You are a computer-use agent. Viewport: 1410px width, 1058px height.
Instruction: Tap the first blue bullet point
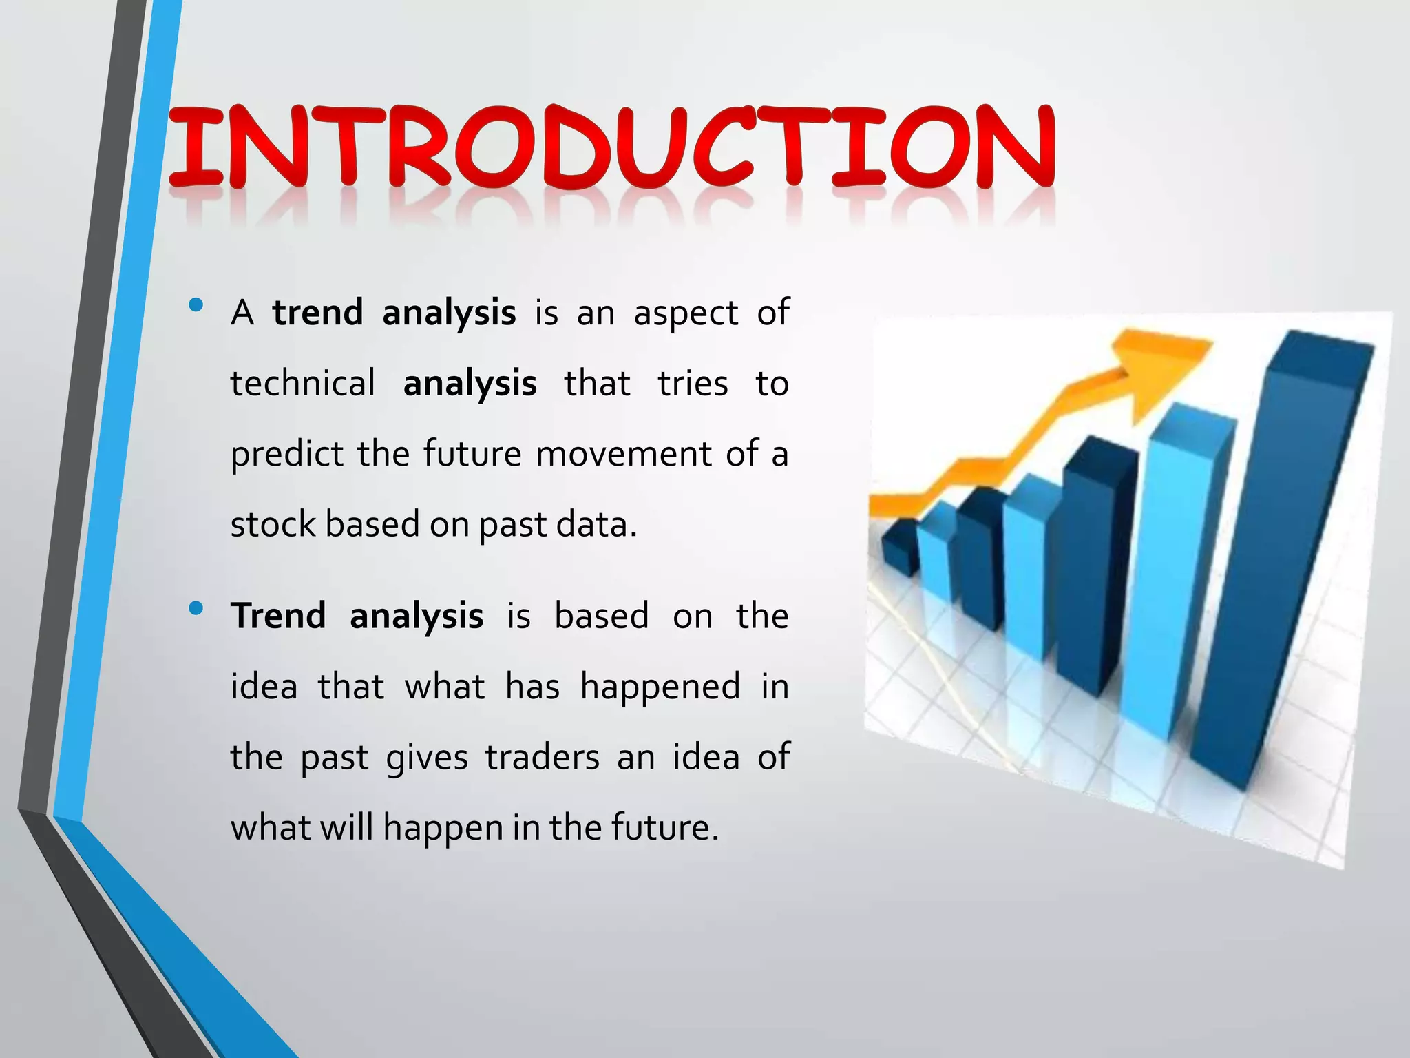coord(196,304)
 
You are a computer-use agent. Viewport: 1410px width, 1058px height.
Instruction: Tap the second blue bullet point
coord(196,608)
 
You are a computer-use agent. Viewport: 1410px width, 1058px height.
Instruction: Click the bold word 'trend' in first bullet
coord(317,313)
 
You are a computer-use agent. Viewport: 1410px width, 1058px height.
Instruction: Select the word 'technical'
coord(303,384)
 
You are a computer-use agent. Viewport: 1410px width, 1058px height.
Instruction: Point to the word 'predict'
coord(286,455)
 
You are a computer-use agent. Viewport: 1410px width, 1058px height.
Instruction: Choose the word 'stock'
coord(273,525)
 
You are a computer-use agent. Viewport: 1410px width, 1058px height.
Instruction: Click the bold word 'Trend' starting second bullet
coord(278,616)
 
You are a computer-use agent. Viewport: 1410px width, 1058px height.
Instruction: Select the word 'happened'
coord(660,687)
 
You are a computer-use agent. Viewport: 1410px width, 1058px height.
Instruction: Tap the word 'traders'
coord(542,757)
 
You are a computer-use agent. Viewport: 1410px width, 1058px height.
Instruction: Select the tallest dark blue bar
coord(1281,551)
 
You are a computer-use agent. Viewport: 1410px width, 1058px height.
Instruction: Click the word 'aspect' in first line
coord(686,314)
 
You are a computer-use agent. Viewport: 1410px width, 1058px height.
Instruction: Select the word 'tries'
coord(693,384)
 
